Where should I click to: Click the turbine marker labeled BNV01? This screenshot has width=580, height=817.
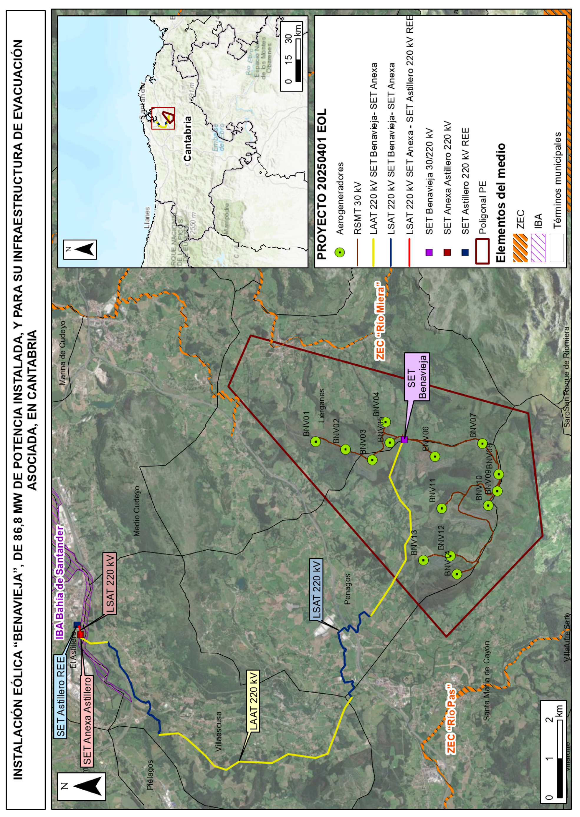click(315, 442)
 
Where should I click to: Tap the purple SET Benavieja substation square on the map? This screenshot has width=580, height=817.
click(404, 439)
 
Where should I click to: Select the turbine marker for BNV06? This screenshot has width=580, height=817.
click(435, 456)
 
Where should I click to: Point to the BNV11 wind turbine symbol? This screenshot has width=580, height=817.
click(442, 508)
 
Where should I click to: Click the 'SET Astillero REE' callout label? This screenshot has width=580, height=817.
click(61, 696)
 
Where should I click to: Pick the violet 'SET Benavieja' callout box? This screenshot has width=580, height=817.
click(417, 377)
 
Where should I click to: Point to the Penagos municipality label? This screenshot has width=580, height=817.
click(347, 589)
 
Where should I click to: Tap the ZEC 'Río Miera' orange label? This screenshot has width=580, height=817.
click(380, 321)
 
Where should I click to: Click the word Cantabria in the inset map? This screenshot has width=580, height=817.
click(187, 139)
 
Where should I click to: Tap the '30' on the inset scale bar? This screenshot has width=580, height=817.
click(289, 38)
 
